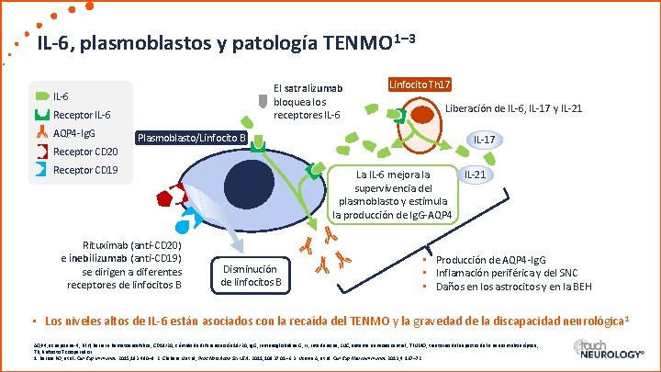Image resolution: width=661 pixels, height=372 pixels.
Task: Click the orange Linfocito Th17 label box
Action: pos(419,85)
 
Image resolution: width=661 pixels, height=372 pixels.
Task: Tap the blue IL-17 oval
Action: pos(485,140)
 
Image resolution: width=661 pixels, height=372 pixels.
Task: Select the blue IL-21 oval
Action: pos(475,175)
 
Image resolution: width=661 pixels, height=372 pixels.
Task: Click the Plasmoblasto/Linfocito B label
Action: pos(191,139)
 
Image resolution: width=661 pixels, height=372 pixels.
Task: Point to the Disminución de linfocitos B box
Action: pos(252,275)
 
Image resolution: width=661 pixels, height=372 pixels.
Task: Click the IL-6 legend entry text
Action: pos(62,96)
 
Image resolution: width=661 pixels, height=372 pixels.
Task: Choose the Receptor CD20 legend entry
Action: pos(85,151)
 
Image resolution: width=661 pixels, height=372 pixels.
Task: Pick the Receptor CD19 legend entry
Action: pos(85,170)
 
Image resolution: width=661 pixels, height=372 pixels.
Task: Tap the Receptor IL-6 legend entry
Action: pos(82,115)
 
